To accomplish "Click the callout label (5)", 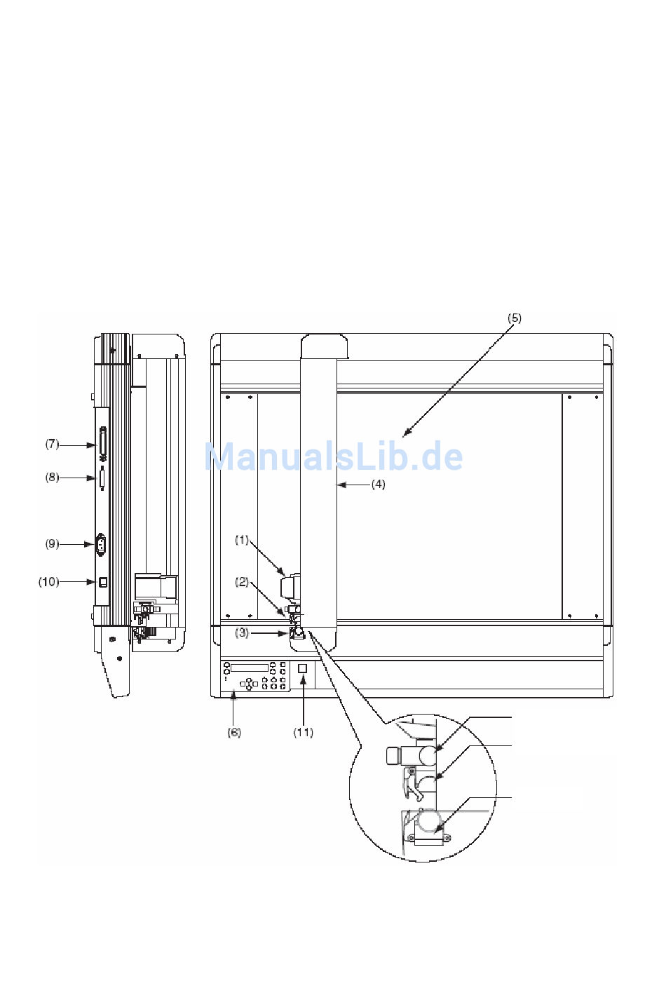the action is (515, 318).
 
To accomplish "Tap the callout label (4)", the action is (378, 485).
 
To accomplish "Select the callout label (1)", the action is (242, 540).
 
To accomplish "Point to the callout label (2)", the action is (242, 582).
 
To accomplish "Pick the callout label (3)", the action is (242, 633).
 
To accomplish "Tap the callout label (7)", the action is (52, 444).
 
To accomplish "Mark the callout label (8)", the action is (52, 478).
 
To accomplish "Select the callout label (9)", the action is (52, 544).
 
